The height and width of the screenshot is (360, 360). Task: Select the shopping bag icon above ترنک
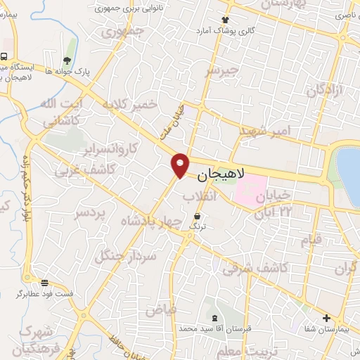198,215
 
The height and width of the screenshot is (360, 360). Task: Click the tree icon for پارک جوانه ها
67,60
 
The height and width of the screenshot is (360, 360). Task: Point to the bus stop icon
4,56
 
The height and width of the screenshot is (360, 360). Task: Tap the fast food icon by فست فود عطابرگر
45,283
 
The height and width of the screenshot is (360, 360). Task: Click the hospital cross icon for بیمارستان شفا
326,318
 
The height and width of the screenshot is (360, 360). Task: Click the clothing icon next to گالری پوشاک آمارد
225,20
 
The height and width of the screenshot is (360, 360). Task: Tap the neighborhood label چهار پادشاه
152,219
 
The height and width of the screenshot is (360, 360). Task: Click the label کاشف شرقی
252,268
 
